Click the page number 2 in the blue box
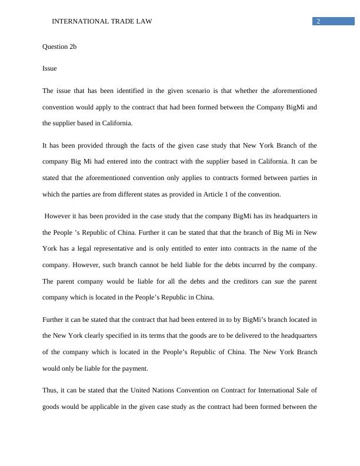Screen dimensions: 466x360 (x=318, y=22)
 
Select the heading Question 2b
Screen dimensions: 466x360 (x=59, y=46)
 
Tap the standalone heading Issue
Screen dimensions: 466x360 (x=49, y=68)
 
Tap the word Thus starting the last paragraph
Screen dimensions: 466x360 (x=49, y=390)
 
